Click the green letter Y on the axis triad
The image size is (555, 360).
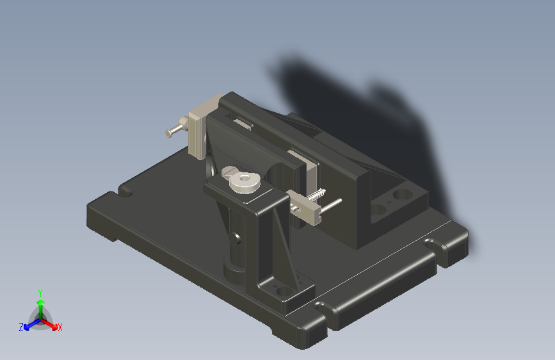tap(40, 292)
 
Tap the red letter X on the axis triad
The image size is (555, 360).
tap(60, 327)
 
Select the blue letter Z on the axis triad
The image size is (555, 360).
tap(21, 327)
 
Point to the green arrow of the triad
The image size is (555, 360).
tap(40, 305)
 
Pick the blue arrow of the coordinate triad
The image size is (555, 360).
tap(29, 324)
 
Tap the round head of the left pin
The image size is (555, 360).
tap(169, 133)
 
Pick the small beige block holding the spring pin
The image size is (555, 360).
tap(305, 209)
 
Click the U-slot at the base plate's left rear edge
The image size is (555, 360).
tap(125, 191)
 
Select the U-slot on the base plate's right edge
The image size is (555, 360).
tap(435, 244)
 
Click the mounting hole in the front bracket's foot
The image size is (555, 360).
tap(282, 292)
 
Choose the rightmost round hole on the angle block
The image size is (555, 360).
tap(402, 193)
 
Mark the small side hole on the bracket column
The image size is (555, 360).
tap(238, 240)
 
